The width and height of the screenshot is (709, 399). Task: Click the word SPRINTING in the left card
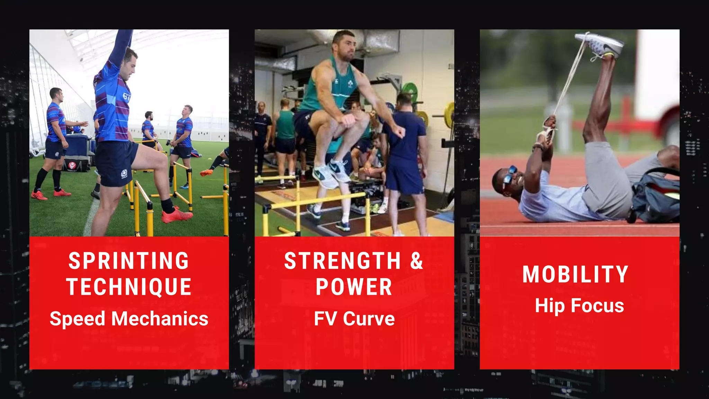click(x=129, y=260)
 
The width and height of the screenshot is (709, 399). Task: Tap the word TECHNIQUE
click(x=129, y=287)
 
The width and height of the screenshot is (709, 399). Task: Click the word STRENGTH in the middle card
click(x=342, y=260)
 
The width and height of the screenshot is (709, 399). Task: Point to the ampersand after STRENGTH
click(x=416, y=260)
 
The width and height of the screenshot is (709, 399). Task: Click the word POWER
click(x=354, y=287)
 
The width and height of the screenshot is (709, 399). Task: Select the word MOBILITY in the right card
click(x=575, y=274)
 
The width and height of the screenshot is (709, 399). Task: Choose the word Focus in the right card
click(x=597, y=305)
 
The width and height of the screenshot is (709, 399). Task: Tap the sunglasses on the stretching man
click(x=509, y=175)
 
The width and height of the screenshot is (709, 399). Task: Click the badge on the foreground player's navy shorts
click(x=124, y=173)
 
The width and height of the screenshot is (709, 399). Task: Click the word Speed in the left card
click(x=77, y=319)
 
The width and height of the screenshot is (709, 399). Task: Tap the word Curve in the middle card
click(x=369, y=319)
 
